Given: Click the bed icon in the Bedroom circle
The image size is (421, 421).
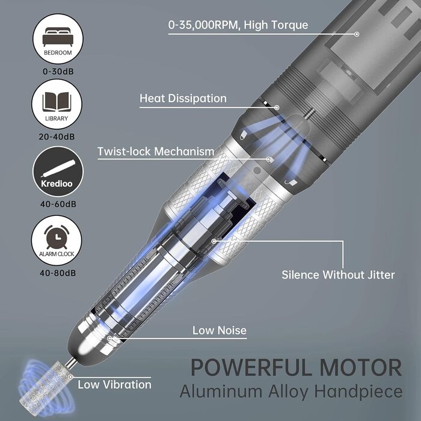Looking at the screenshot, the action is [x=58, y=37].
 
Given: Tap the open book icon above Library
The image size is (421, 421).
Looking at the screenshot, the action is [x=57, y=102].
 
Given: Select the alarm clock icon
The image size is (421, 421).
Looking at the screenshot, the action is [x=57, y=236].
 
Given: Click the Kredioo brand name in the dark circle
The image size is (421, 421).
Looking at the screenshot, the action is [x=57, y=183].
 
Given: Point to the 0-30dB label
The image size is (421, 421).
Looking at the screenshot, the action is [x=58, y=72].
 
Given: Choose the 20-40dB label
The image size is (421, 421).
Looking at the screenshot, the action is [x=57, y=137].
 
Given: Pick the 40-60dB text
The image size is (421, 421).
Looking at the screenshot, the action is [x=58, y=204].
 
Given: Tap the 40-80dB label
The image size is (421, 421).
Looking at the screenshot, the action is [x=58, y=273].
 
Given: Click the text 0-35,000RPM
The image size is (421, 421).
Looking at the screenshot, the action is [x=203, y=25].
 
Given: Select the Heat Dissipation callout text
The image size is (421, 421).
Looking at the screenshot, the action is [x=183, y=99].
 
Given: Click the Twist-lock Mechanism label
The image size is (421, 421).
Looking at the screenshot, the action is [x=156, y=152].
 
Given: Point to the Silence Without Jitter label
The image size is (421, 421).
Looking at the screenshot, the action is [x=338, y=275].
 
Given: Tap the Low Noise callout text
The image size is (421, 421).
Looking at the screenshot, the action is [x=220, y=331].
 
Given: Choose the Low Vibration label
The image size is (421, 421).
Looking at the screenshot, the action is [x=114, y=385].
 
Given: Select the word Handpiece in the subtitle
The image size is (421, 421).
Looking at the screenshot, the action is [x=358, y=392].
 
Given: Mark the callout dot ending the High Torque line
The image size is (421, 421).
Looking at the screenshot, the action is [x=357, y=34].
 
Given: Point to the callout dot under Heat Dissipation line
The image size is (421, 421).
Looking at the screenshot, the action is [x=277, y=108].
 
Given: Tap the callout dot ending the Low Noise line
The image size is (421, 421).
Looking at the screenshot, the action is [x=109, y=338].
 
